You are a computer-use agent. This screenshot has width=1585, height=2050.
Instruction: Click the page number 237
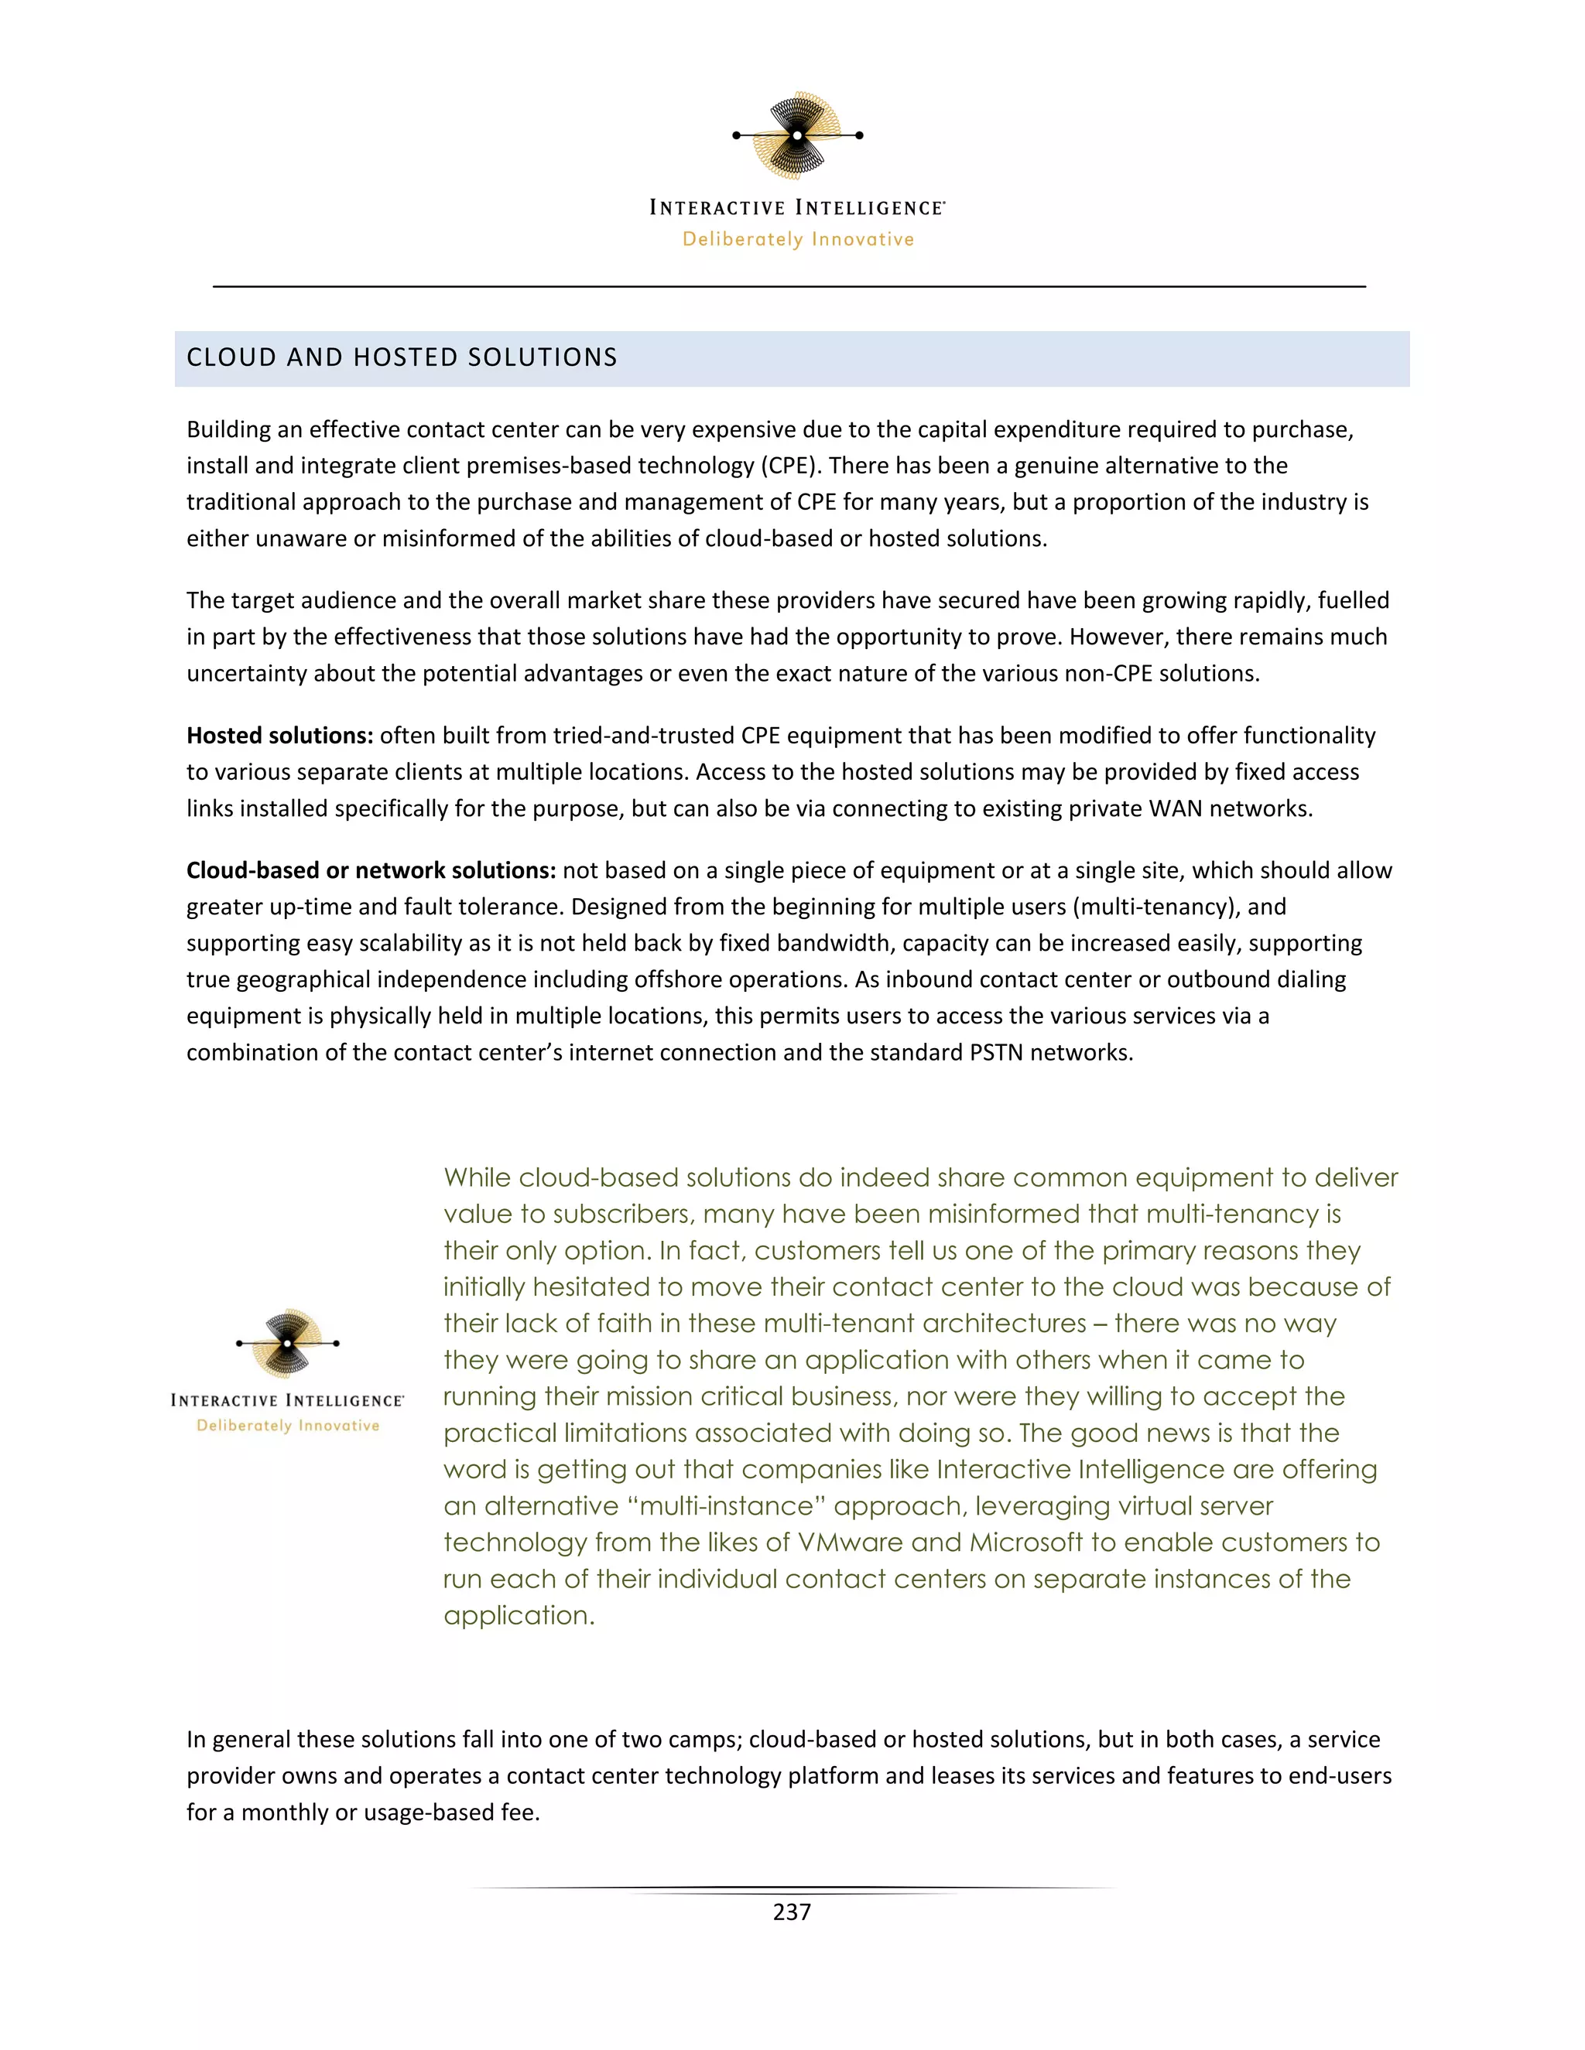[x=792, y=1912]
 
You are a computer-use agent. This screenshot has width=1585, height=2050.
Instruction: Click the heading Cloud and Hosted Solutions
[x=402, y=357]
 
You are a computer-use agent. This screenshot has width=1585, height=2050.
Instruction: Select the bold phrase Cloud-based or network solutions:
[x=371, y=871]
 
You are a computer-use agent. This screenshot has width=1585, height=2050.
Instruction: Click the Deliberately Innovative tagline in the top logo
[x=798, y=239]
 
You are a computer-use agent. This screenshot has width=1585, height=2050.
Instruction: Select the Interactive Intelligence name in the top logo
[x=797, y=207]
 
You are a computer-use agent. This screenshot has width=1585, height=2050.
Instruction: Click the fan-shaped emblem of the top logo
[x=797, y=135]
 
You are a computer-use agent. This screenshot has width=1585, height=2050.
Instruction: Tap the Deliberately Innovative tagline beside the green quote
[x=288, y=1426]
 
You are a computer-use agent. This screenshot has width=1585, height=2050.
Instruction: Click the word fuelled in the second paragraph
[x=1353, y=601]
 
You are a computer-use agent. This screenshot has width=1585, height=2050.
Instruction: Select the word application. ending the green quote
[x=519, y=1615]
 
